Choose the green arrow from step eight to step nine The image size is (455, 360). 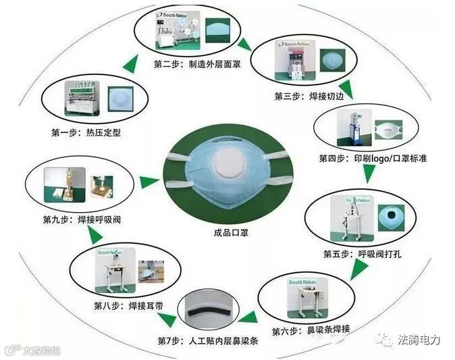(95, 234)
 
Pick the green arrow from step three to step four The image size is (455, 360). (346, 88)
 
